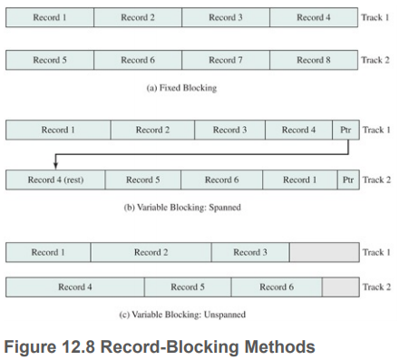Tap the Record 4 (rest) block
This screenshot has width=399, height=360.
tap(55, 180)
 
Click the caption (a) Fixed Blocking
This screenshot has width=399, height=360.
tap(182, 88)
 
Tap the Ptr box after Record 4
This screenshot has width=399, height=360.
tap(345, 131)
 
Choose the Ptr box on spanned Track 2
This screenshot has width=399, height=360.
tap(347, 180)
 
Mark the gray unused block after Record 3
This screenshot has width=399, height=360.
tap(324, 252)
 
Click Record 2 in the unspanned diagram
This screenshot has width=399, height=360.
tap(151, 252)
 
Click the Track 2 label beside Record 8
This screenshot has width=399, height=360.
tap(376, 61)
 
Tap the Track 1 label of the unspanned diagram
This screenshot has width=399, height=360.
tap(376, 252)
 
